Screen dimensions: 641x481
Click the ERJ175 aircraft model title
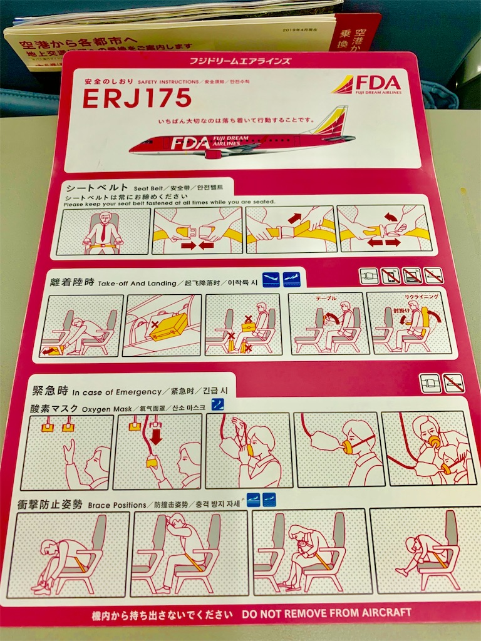click(x=137, y=98)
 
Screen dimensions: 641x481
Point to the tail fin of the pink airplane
click(x=332, y=121)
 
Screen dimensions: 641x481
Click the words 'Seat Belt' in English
click(x=148, y=188)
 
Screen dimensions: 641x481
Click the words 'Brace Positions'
click(x=115, y=504)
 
